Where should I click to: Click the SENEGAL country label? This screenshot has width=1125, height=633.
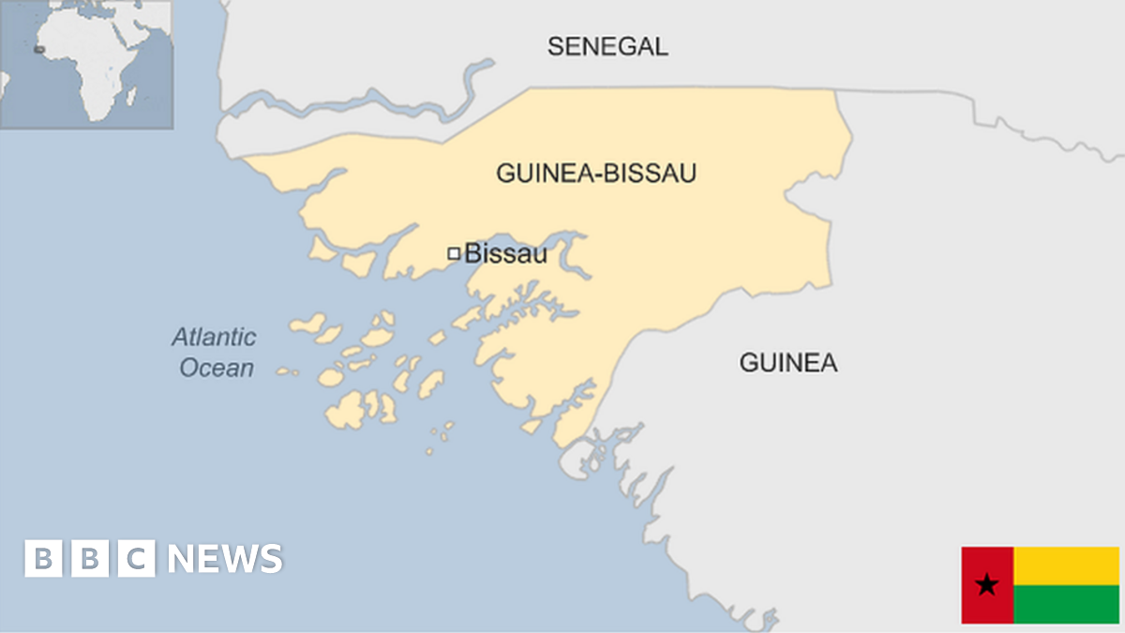click(x=607, y=46)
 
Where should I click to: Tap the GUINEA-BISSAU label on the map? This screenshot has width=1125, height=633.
click(x=596, y=173)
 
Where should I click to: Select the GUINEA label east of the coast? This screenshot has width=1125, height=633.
click(x=787, y=363)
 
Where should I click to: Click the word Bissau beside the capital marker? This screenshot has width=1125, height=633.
click(x=505, y=253)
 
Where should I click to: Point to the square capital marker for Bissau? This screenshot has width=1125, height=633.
click(x=454, y=253)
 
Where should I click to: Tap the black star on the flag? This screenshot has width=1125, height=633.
click(x=986, y=586)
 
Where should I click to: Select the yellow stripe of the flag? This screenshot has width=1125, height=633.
click(x=1066, y=565)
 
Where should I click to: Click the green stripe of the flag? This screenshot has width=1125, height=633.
click(x=1066, y=605)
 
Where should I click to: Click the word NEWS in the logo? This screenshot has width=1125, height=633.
click(x=225, y=559)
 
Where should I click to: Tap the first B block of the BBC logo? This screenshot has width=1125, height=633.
click(x=42, y=559)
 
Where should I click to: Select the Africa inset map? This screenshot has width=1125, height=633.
click(x=86, y=64)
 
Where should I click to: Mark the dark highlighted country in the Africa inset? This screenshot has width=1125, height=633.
click(x=38, y=49)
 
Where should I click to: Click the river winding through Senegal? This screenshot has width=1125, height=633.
click(x=375, y=99)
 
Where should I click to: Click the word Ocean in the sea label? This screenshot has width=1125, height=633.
click(x=216, y=368)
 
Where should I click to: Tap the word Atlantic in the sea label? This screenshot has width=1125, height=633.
click(x=213, y=337)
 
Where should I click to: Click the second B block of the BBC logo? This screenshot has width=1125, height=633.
click(x=90, y=559)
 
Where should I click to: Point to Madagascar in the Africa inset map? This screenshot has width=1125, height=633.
click(x=132, y=96)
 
